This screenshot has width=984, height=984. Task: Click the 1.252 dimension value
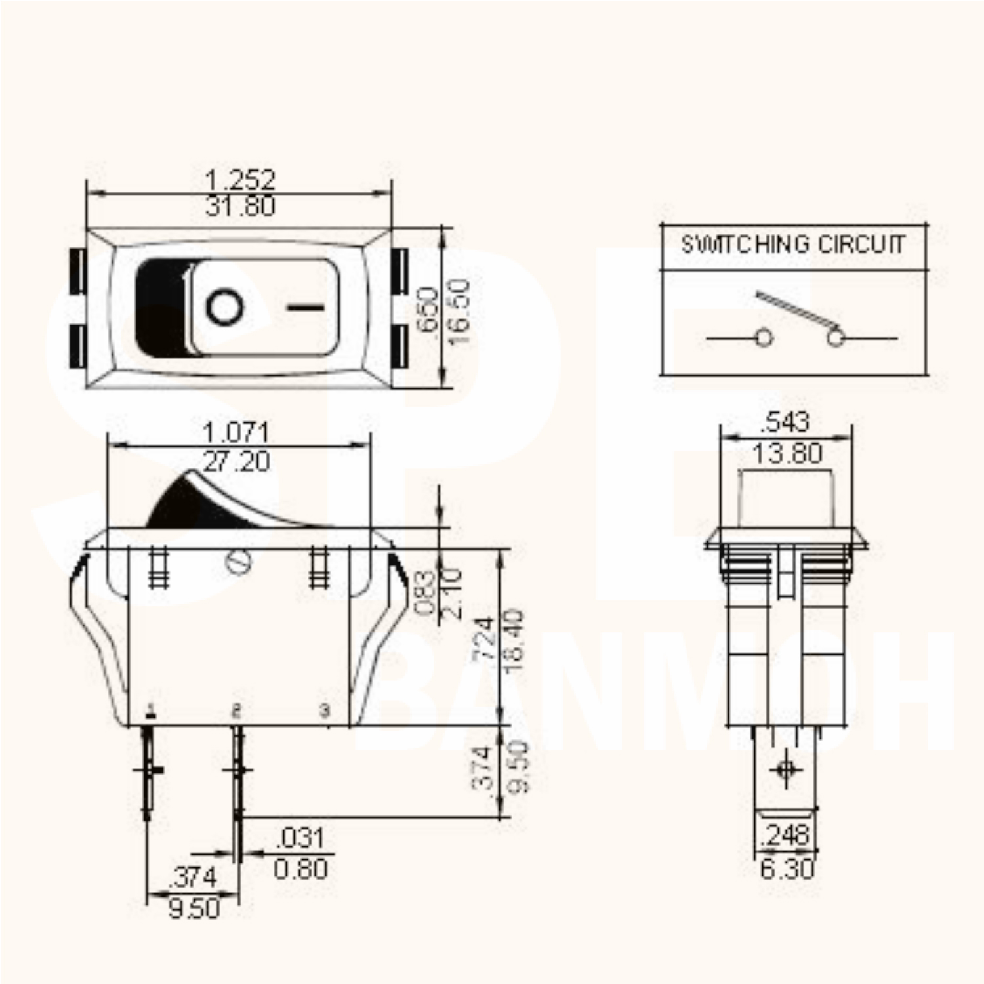coord(239,178)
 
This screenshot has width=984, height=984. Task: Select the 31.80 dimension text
coord(239,207)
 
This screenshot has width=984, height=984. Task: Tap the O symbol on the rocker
coord(225,307)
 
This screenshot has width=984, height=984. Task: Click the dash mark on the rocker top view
coord(306,306)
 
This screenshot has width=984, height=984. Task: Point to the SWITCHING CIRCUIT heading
coord(793,245)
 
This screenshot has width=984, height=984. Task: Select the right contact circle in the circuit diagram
coord(835,338)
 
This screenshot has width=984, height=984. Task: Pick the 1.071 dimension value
coord(236,433)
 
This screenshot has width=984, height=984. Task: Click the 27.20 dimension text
coord(236,462)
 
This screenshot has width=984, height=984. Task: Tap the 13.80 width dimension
coord(787,453)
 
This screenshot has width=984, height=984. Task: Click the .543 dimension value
coord(785,422)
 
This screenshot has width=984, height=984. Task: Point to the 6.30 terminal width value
coord(787,869)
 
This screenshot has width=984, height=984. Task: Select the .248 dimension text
coord(785,835)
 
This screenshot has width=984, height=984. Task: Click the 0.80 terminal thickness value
coord(300,869)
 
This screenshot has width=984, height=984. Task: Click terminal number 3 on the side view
coord(324,710)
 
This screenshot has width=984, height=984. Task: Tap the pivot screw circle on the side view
coord(237,562)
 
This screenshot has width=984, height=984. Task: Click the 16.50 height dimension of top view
coord(460,312)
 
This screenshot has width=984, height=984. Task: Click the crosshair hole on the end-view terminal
coord(785,769)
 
